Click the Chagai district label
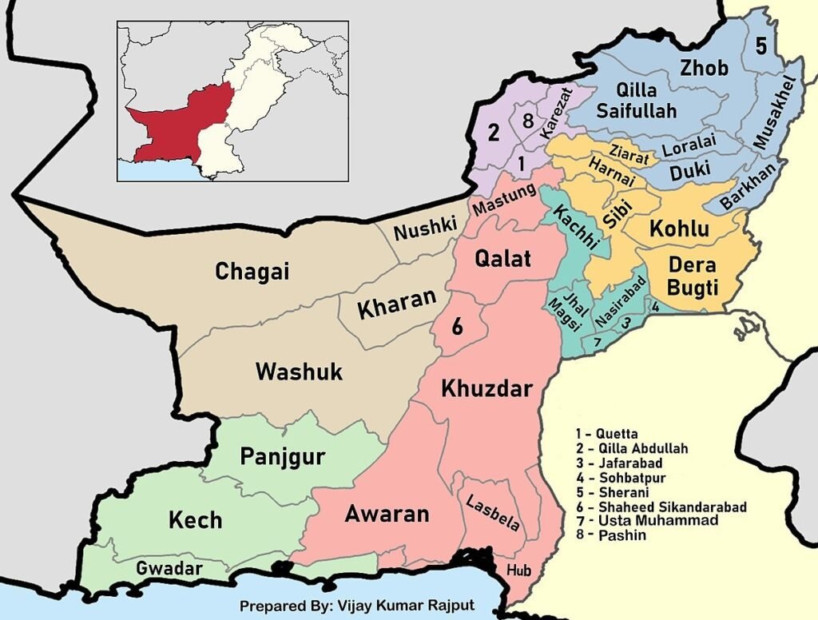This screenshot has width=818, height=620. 252,272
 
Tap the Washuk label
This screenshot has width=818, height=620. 299,372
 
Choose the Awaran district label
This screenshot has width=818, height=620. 387,514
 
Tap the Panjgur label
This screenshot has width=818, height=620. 282,457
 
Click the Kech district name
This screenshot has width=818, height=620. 195,520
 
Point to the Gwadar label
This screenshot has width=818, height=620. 169,569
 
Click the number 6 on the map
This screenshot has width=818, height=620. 457,327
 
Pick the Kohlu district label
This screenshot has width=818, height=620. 679,229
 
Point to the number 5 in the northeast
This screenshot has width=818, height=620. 760,46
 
